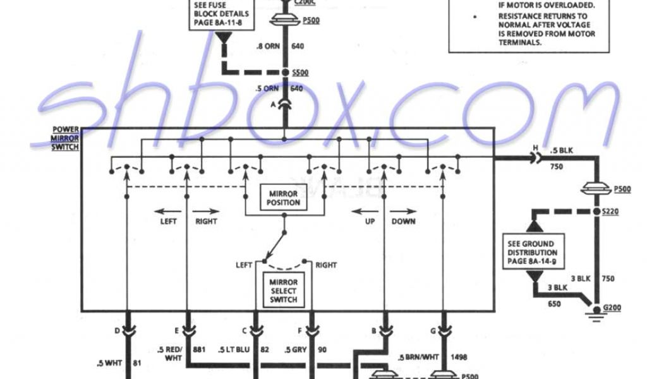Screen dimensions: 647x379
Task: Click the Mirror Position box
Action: [x=284, y=197]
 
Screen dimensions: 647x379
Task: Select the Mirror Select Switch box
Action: [x=283, y=290]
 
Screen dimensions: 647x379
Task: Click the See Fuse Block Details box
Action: [x=221, y=14]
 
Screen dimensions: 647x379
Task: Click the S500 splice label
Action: [x=301, y=73]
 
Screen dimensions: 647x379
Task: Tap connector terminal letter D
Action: [x=117, y=329]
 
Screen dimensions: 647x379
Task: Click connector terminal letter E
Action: [x=178, y=329]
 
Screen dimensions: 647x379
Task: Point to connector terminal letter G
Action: [x=432, y=329]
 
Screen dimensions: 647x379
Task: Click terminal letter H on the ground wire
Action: [x=536, y=149]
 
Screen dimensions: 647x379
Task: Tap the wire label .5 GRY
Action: [x=296, y=349]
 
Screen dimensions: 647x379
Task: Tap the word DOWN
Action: [x=403, y=222]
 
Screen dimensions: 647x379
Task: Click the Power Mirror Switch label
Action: [x=66, y=138]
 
